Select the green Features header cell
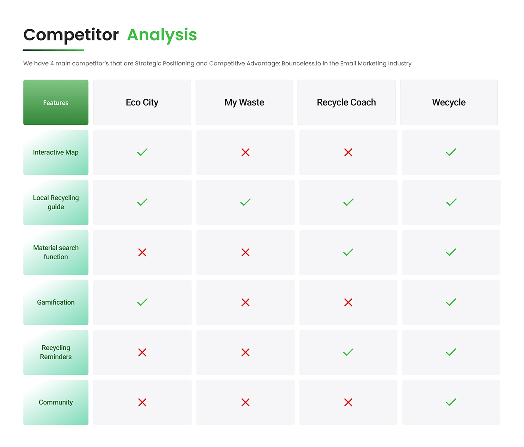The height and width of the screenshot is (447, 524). point(56,102)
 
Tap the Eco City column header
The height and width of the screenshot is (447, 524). point(142,102)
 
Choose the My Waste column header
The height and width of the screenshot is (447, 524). point(244,102)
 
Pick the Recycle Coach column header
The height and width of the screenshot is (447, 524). point(346,102)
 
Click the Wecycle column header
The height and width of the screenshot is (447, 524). point(449,102)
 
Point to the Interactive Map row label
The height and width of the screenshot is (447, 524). point(56,152)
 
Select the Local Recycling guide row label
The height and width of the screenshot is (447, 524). point(56,202)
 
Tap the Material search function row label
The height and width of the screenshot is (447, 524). point(56,252)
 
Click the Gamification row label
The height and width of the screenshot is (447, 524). point(56,302)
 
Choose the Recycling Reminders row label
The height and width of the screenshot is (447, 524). point(56,352)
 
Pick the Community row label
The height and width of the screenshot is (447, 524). point(56,402)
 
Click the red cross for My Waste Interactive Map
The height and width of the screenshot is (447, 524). point(246,152)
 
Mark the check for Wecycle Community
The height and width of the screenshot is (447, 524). point(451,402)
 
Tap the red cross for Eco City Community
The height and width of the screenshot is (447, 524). point(142,402)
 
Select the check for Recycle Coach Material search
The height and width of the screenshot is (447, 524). point(348,252)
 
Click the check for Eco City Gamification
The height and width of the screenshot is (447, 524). point(142,302)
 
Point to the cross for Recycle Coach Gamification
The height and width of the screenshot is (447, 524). point(348,302)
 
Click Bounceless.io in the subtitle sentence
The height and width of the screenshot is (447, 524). point(301,63)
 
